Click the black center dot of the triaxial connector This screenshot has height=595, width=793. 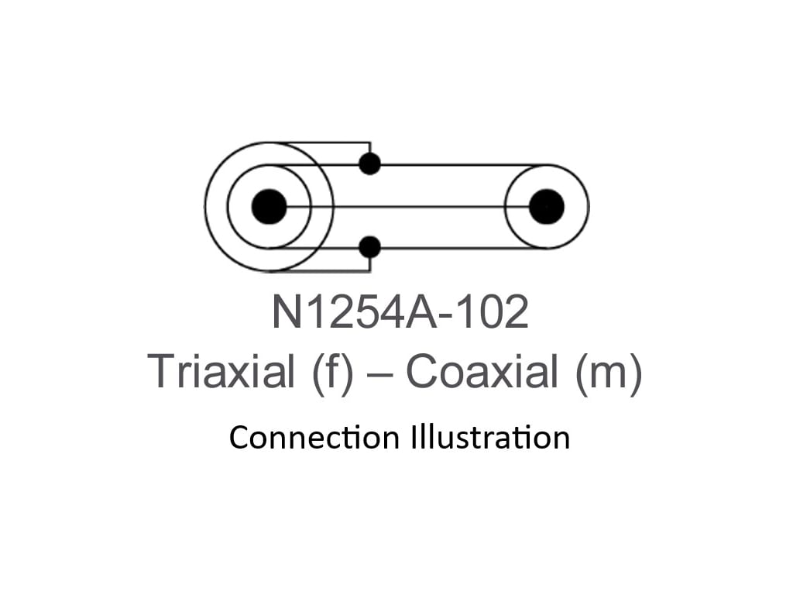point(269,207)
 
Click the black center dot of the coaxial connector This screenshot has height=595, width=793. point(547,207)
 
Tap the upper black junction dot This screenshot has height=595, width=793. point(370,164)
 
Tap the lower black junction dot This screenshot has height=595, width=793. point(370,247)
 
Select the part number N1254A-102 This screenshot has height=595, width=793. point(400,313)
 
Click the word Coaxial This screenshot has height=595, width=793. point(482,372)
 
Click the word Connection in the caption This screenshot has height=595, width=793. point(313,438)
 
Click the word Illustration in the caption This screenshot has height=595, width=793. point(486,438)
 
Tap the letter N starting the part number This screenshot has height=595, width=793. point(285,313)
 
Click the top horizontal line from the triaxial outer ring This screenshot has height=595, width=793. point(325,143)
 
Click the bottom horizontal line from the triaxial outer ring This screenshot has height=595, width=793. point(325,271)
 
